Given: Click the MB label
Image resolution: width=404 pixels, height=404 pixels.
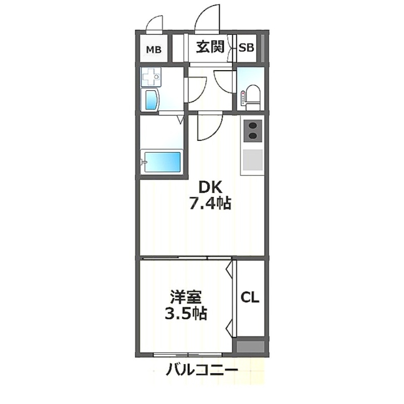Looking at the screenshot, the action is (154, 49).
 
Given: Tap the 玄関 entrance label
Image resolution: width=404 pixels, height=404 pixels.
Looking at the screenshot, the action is (211, 46).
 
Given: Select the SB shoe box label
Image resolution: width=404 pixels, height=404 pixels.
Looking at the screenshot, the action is (246, 47).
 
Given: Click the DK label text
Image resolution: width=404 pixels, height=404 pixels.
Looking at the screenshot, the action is (210, 187).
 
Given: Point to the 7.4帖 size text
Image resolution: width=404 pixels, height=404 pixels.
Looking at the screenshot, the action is (211, 204).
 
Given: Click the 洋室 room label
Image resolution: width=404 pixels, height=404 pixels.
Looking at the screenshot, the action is (186, 297).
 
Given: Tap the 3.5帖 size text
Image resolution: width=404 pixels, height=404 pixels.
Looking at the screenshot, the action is (186, 313).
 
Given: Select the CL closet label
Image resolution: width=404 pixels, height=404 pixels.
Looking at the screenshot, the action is (250, 297).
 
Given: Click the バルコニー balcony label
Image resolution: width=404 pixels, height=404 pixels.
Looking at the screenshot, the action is (202, 370).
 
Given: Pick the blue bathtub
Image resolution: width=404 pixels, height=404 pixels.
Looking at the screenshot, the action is (162, 162).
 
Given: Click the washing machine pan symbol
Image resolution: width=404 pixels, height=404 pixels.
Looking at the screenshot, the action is (151, 77).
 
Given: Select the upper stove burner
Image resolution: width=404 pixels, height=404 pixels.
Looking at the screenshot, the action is (252, 126).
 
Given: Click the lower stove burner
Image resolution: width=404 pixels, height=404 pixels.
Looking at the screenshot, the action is (252, 135).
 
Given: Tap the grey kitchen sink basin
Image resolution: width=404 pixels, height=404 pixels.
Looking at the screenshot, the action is (252, 160).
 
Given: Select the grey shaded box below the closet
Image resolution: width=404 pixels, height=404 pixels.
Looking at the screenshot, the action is (250, 347).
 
